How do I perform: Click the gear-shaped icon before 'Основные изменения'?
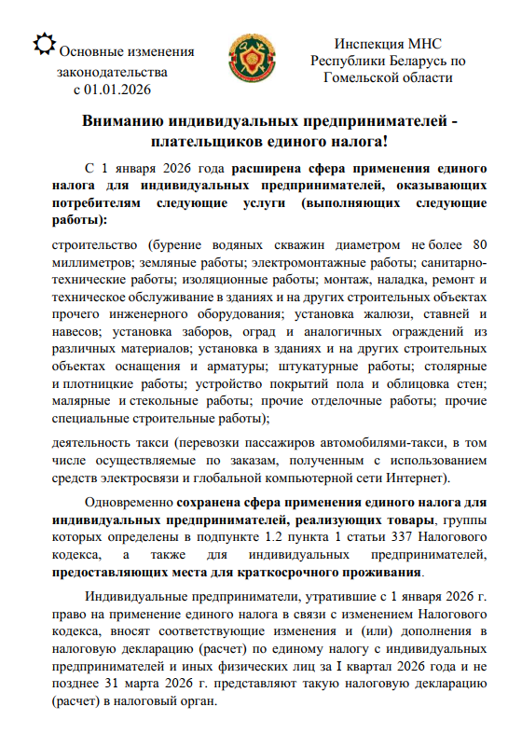pyautogui.click(x=42, y=42)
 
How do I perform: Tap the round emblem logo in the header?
pyautogui.click(x=254, y=59)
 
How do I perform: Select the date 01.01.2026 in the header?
pyautogui.click(x=117, y=90)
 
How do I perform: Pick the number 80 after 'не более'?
pyautogui.click(x=475, y=244)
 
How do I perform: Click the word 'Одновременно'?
pyautogui.click(x=128, y=504)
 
